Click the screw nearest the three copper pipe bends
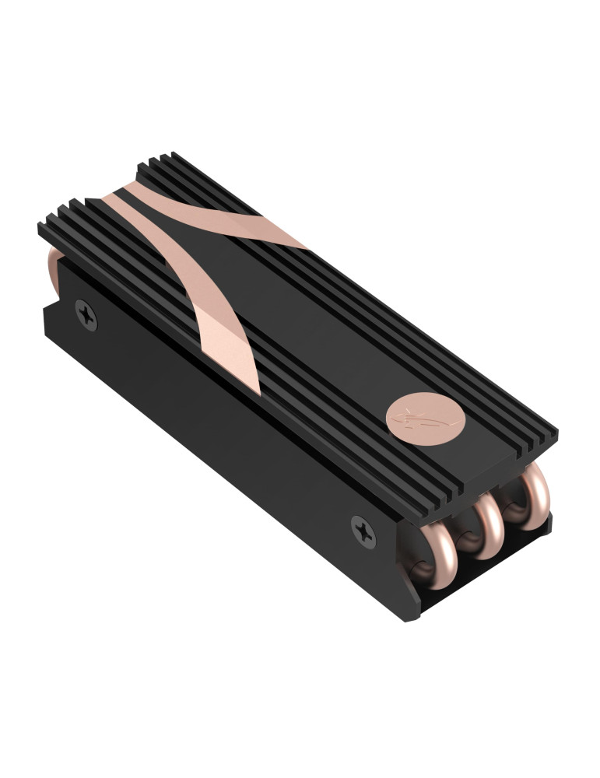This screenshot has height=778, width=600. [x=363, y=531]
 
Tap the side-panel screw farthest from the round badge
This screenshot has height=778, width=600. [x=86, y=314]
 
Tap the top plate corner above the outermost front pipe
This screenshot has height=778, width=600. [x=554, y=429]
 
